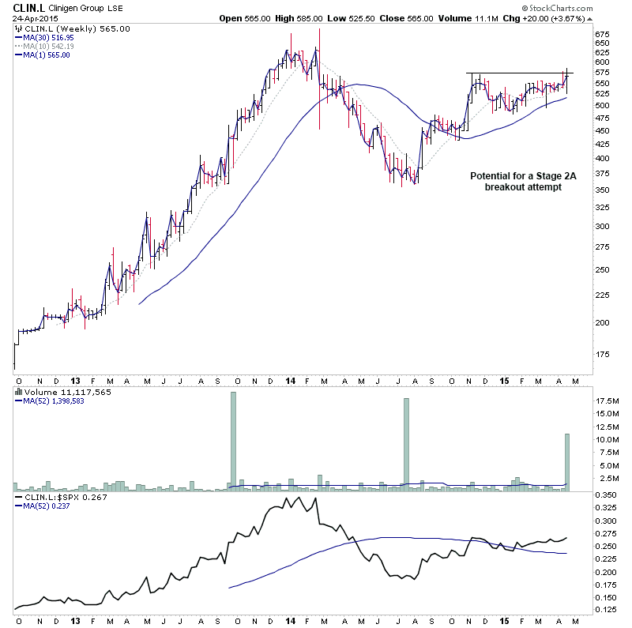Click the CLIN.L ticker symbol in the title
pyautogui.click(x=29, y=8)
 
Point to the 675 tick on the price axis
pyautogui.click(x=603, y=34)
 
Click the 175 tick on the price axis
pyautogui.click(x=603, y=354)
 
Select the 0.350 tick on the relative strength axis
pyautogui.click(x=605, y=495)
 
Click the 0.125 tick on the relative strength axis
pyautogui.click(x=605, y=610)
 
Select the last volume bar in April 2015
pyautogui.click(x=566, y=462)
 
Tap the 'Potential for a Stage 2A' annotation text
pyautogui.click(x=524, y=175)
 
